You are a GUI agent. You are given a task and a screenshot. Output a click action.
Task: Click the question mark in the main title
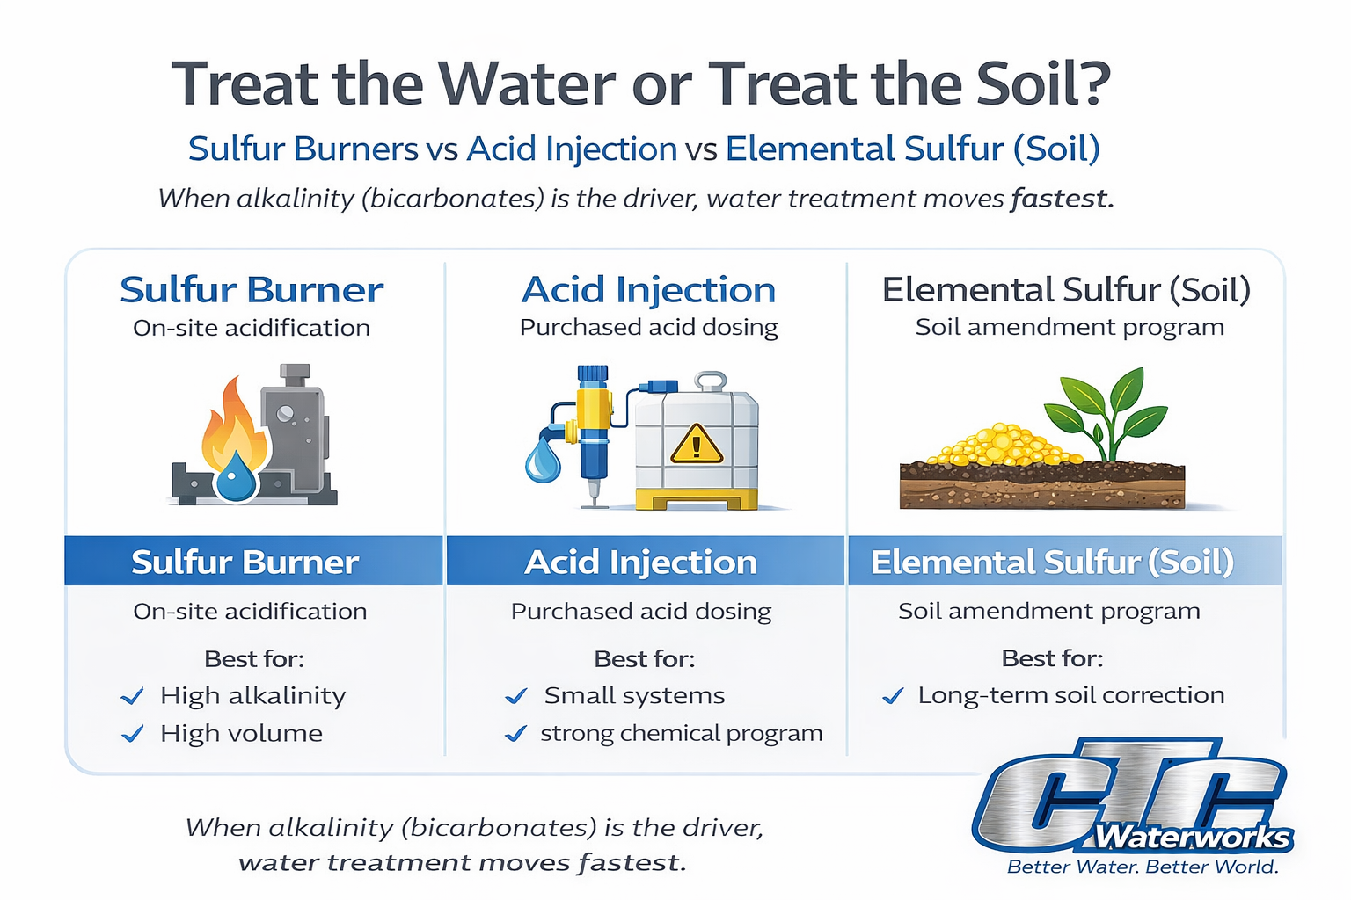pos(1093,84)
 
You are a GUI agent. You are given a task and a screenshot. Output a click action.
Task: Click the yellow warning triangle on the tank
pos(696,445)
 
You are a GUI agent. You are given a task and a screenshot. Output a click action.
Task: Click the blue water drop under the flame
pos(236,479)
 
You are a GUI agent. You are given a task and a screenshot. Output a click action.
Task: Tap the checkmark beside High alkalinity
pos(133,697)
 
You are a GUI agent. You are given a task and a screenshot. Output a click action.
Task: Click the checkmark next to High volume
pos(133,734)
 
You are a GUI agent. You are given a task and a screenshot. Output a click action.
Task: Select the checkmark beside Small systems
pos(516,697)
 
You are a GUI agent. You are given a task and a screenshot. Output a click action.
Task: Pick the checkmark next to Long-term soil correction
pos(893,697)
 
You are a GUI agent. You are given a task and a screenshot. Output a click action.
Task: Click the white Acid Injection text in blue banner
pos(640,562)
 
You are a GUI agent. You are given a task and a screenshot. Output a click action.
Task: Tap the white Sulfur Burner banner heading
pos(245,562)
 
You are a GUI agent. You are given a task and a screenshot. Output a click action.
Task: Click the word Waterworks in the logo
pos(1191,837)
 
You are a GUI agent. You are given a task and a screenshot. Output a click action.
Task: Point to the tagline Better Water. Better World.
pos(1142,867)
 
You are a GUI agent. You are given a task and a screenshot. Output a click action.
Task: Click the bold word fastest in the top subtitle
pos(1061,199)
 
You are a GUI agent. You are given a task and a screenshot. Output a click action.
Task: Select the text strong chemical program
pos(682,734)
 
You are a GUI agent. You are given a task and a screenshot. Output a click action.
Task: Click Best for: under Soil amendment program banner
pos(1052,658)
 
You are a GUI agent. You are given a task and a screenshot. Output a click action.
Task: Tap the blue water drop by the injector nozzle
pos(542,461)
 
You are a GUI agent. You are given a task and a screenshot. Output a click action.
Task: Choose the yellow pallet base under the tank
pos(697,500)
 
